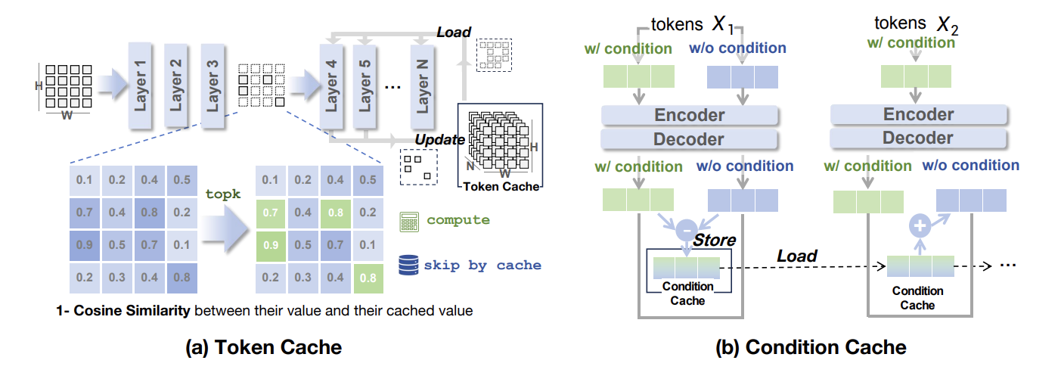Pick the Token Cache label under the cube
(x=500, y=187)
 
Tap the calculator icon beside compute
(x=409, y=221)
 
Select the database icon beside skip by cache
(x=409, y=264)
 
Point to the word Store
(x=715, y=241)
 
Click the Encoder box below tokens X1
(x=690, y=115)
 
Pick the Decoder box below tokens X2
(x=919, y=138)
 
